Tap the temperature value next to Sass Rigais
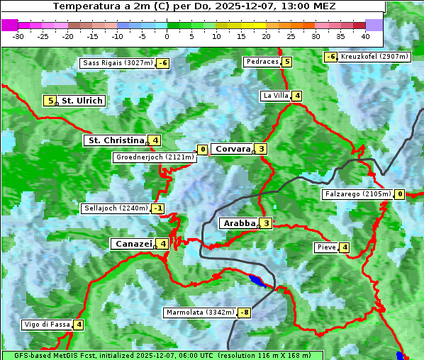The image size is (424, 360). [x=162, y=63]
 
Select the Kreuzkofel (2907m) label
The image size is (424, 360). [x=374, y=57]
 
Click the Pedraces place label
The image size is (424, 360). [x=262, y=62]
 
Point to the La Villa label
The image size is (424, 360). [x=276, y=96]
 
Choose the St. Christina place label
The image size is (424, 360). [x=115, y=140]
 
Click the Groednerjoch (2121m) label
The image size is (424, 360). [x=155, y=157]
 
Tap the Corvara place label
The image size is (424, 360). [x=233, y=149]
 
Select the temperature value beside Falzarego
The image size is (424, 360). [x=400, y=194]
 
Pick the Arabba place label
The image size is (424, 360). [x=240, y=223]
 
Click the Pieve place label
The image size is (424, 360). [x=326, y=247]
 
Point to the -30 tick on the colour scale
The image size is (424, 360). [x=18, y=35]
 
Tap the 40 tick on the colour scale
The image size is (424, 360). [x=365, y=35]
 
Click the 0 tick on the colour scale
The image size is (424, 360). [x=167, y=35]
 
